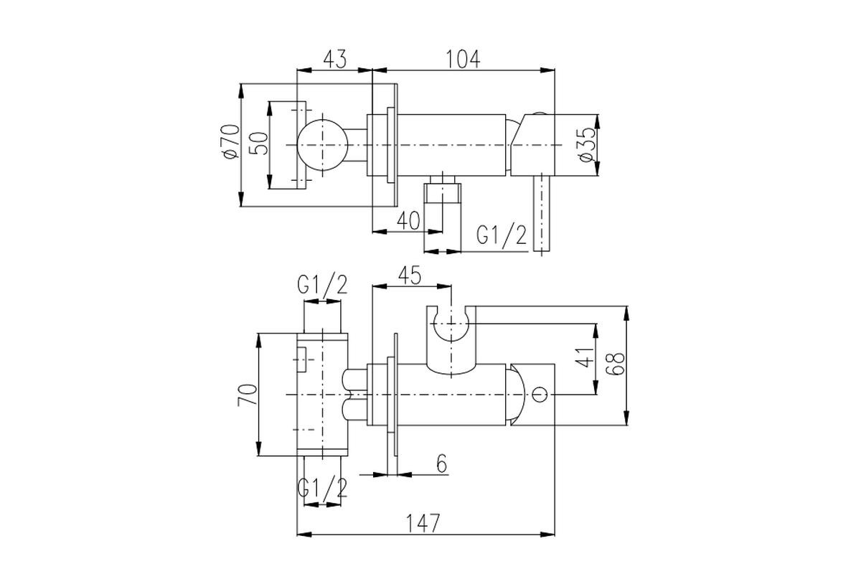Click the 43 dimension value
[x=335, y=60]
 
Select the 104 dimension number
[x=463, y=60]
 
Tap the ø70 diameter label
[x=230, y=141]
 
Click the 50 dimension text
[x=259, y=143]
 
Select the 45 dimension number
[x=410, y=276]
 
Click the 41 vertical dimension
[x=585, y=357]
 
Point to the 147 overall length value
[x=423, y=523]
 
